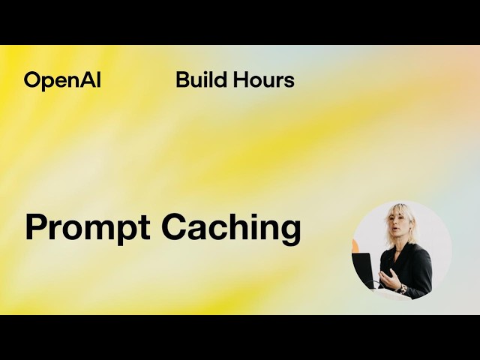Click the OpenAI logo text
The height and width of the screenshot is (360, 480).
pyautogui.click(x=62, y=80)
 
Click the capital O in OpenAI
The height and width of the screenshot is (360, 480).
pyautogui.click(x=31, y=80)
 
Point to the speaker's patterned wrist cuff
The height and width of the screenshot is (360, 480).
pyautogui.click(x=403, y=287)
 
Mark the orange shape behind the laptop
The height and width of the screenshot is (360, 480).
pyautogui.click(x=355, y=246)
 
